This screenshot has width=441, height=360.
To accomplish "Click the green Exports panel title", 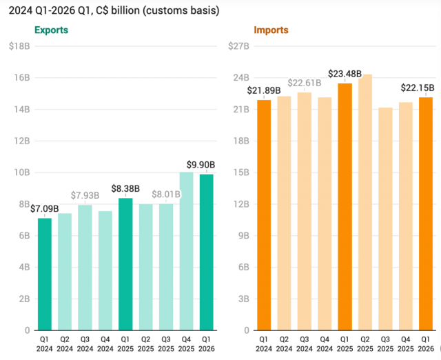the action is pos(51,30).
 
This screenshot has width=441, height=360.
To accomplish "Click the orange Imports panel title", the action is pos(271,30).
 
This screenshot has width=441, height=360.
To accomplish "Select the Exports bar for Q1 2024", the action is pos(45,274).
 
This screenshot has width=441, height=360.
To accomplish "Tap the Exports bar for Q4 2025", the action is pos(187,251).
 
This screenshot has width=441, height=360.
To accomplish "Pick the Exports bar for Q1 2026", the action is pos(207,252).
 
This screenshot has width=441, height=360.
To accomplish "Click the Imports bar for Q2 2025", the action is pos(365,202).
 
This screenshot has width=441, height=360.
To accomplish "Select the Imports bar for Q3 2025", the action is pos(385,219).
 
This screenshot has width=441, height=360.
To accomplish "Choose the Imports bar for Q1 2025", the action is pos(345,207).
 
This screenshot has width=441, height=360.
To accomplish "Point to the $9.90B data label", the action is pos(201,165).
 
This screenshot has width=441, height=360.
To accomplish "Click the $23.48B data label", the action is pos(345,74).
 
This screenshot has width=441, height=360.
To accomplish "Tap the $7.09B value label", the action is pos(44,209).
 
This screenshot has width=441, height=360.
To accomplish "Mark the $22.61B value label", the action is pos(305,83).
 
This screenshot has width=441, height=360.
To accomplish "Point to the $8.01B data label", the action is pos(166,194).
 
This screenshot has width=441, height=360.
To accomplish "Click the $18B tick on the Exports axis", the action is pos(19,46).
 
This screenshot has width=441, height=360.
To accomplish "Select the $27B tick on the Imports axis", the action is pos(238,46).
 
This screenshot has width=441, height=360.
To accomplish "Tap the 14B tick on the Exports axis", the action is pos(22,109).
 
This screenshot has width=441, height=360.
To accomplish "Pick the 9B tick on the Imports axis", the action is pos(243,236).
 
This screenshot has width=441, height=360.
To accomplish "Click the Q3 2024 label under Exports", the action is pos(85,344).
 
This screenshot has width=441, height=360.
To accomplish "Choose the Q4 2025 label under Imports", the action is pos(406,344).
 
